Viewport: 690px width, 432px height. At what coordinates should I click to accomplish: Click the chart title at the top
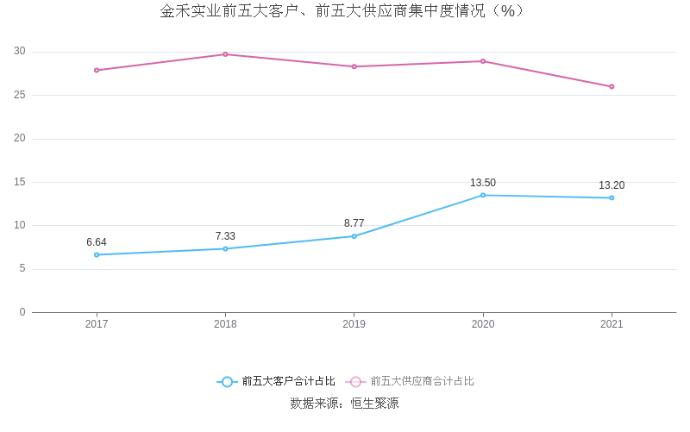pos(342,11)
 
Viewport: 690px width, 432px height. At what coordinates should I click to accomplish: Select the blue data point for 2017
pos(97,254)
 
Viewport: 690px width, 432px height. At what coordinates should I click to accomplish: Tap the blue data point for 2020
pos(483,195)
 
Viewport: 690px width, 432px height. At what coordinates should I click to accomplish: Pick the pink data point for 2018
pos(225,54)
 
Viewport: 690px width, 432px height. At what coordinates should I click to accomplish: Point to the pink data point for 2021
pos(612,86)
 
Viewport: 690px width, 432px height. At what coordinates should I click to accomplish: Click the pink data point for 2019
pos(354,66)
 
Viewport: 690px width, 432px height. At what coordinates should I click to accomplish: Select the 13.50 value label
pos(483,183)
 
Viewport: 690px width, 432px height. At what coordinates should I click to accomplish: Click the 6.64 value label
pos(97,242)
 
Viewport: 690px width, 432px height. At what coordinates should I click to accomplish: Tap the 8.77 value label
pos(354,223)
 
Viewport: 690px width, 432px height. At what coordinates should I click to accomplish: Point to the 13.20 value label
pos(612,185)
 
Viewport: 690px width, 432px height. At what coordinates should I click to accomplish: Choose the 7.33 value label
pos(225,236)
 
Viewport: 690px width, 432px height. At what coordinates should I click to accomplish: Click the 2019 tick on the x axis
pos(354,324)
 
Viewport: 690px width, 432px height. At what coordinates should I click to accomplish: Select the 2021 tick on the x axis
pos(612,324)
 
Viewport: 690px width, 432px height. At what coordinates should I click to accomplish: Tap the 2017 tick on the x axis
pos(97,324)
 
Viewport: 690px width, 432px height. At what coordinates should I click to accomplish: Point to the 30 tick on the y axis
pos(20,52)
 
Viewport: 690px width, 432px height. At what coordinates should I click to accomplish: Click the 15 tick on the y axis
pos(20,182)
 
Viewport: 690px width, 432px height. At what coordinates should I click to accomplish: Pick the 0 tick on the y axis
pos(22,312)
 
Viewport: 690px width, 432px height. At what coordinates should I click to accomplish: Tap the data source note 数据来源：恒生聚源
pos(344,403)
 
